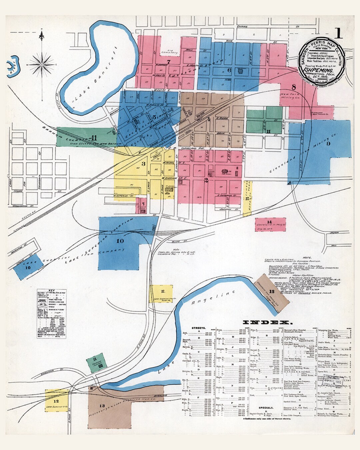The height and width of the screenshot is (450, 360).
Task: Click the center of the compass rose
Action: click(x=42, y=64)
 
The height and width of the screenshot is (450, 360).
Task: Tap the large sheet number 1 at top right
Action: click(x=338, y=33)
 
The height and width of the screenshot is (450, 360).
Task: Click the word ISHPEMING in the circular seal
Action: click(x=319, y=71)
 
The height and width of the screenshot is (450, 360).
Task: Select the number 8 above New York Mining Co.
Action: click(x=293, y=87)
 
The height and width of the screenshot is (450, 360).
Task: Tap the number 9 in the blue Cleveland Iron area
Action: click(x=328, y=144)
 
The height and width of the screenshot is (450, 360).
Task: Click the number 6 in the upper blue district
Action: click(x=229, y=70)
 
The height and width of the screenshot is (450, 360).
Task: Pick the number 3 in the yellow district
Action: click(x=143, y=164)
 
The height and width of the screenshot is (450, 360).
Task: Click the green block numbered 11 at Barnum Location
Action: click(x=94, y=137)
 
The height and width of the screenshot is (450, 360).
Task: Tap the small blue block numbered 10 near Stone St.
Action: click(x=28, y=267)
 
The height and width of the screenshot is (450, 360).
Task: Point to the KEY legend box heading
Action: click(x=51, y=291)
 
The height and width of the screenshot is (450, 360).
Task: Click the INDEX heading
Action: click(x=267, y=322)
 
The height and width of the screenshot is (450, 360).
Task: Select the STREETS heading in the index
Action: click(x=199, y=328)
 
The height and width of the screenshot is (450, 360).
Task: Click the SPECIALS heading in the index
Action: click(x=266, y=408)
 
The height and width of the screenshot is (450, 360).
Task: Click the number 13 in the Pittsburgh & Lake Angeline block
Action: click(x=102, y=406)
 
